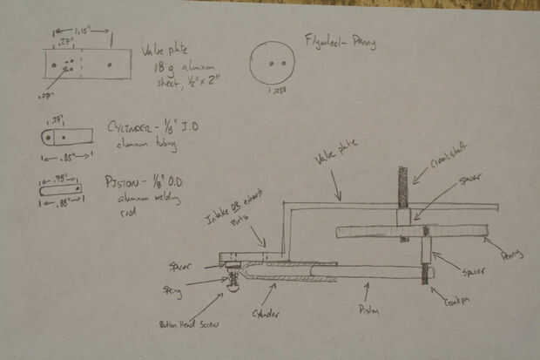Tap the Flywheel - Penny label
(x=340, y=41)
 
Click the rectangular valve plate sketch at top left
(x=87, y=64)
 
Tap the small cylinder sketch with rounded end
(x=66, y=137)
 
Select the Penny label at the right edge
(x=514, y=254)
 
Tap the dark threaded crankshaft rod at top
(x=403, y=187)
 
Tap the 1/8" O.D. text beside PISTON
(x=173, y=182)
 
